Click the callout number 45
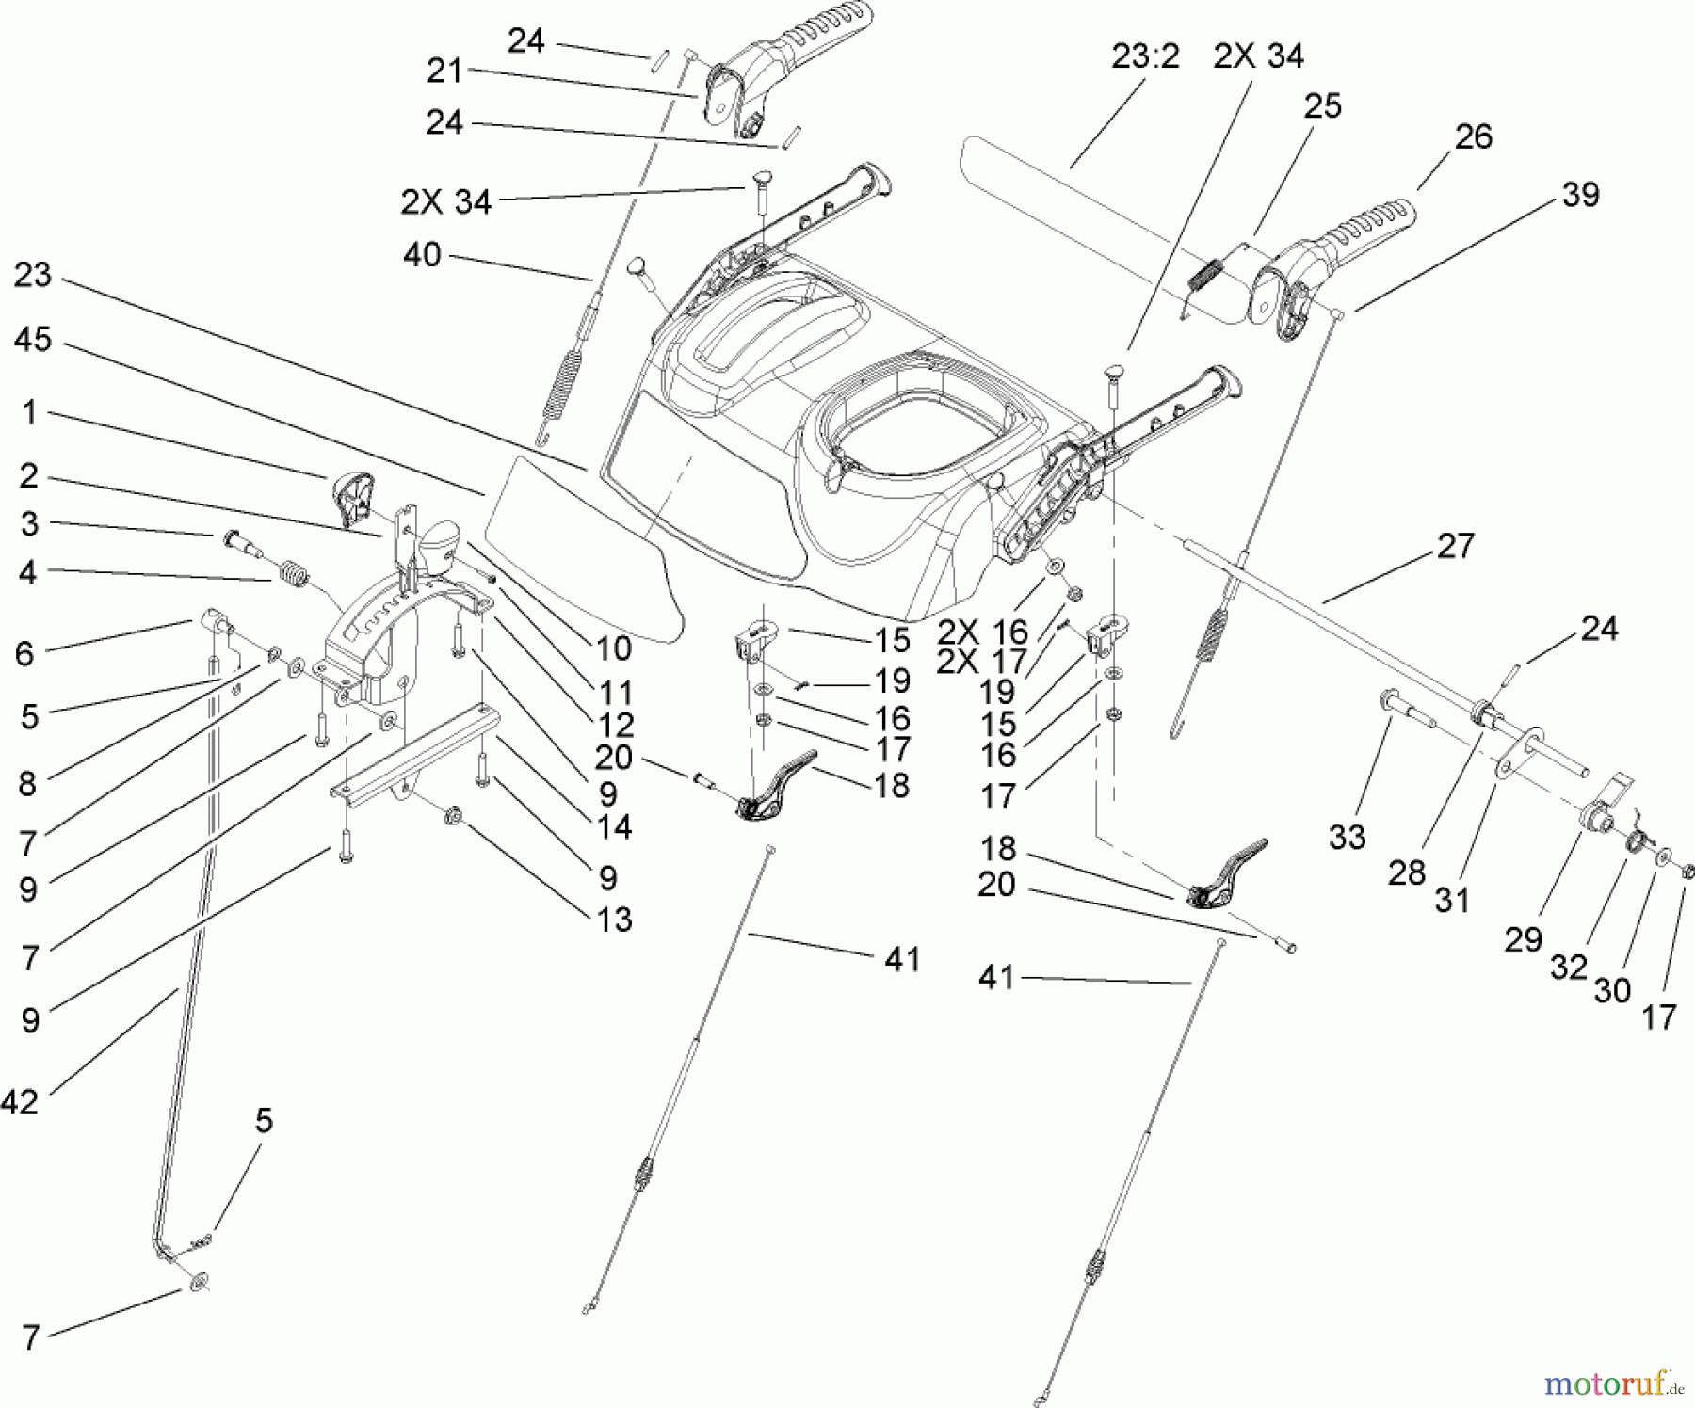(x=32, y=340)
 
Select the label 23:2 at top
(x=1145, y=56)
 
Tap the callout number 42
(x=20, y=1100)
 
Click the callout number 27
(x=1456, y=545)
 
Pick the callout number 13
(x=614, y=919)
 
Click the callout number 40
(x=422, y=254)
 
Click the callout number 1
(x=29, y=412)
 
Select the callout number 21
(x=444, y=71)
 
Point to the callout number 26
(x=1473, y=136)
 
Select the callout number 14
(x=614, y=826)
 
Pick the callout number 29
(x=1523, y=938)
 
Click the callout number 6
(x=25, y=653)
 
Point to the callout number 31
(x=1451, y=899)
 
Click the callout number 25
(x=1322, y=105)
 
